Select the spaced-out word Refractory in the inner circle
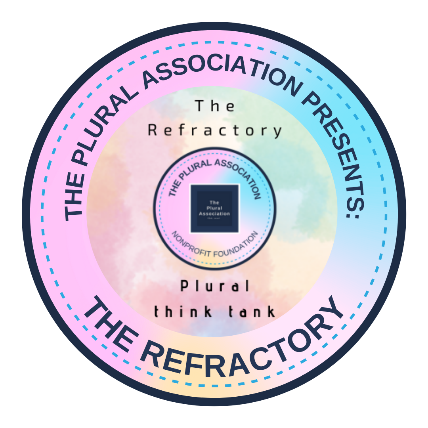[215, 130]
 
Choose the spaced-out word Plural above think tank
[215, 286]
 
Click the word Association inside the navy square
[215, 214]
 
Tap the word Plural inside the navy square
[215, 208]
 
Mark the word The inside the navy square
[215, 203]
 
